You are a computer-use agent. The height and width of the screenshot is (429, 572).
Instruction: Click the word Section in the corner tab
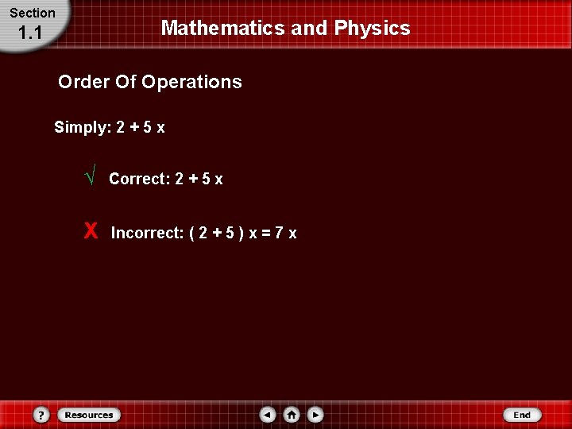click(x=33, y=13)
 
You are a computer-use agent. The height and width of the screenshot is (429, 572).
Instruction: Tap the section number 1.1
click(x=29, y=33)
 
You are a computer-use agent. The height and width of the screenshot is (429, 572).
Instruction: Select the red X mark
click(x=91, y=231)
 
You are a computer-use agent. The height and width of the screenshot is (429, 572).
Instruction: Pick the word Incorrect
click(x=147, y=234)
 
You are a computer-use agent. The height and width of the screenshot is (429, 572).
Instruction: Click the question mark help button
click(x=42, y=415)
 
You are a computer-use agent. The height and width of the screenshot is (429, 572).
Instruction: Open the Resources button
click(x=89, y=415)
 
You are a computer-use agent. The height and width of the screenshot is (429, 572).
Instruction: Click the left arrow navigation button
click(x=268, y=415)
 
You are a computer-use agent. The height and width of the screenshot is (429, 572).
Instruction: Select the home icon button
click(x=292, y=415)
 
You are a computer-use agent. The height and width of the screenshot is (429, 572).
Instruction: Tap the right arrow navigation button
click(x=315, y=415)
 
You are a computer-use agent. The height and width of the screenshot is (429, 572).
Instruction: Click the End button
click(x=522, y=415)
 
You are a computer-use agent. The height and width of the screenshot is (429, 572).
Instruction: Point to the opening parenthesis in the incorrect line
click(x=193, y=234)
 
